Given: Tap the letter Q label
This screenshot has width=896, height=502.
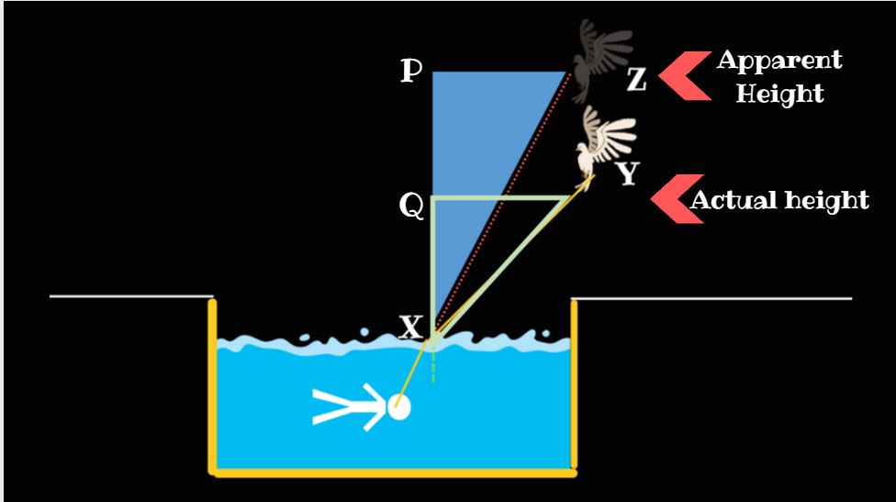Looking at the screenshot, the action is pyautogui.click(x=411, y=207).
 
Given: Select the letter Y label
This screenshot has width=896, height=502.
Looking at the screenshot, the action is pyautogui.click(x=628, y=173).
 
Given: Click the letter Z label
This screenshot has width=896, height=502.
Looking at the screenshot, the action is pyautogui.click(x=637, y=81).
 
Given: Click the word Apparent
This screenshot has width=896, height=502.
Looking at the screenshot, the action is pyautogui.click(x=778, y=61).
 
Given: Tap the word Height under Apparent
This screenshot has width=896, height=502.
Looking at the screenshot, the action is pyautogui.click(x=779, y=94).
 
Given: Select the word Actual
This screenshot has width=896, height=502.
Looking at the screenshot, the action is pyautogui.click(x=732, y=200).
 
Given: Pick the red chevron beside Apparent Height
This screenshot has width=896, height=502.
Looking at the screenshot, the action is pyautogui.click(x=684, y=75).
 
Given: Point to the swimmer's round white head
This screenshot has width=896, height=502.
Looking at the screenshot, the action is pyautogui.click(x=398, y=407).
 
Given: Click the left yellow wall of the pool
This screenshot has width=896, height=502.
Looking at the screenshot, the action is pyautogui.click(x=213, y=385).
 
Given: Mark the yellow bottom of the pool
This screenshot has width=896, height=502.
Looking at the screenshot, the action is pyautogui.click(x=395, y=473).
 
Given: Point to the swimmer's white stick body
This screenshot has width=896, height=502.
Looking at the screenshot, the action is pyautogui.click(x=349, y=407).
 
